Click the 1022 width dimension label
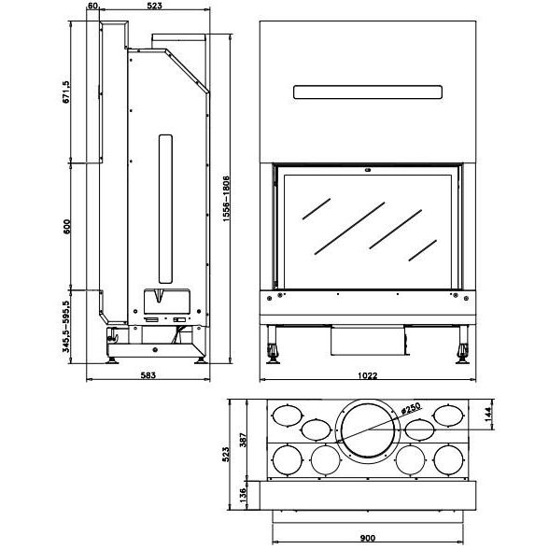tap(368, 375)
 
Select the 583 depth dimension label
tap(148, 375)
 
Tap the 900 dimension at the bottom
tap(367, 538)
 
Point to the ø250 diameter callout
tap(412, 408)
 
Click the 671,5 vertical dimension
tap(65, 92)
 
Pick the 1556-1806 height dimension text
tap(226, 199)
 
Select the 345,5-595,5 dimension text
tap(65, 327)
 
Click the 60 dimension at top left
tap(92, 6)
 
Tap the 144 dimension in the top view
tap(488, 414)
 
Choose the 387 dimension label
tap(243, 440)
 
